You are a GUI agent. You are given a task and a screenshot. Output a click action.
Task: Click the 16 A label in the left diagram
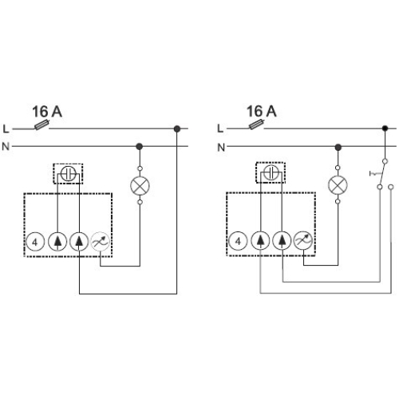47,112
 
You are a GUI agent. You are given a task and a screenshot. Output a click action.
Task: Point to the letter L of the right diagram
220,128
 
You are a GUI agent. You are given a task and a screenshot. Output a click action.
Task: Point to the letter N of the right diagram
220,146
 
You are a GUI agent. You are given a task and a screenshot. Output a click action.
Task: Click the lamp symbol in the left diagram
140,186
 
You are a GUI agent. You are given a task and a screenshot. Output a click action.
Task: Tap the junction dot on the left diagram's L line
177,128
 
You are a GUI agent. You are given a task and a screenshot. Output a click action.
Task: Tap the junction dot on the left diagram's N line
140,146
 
